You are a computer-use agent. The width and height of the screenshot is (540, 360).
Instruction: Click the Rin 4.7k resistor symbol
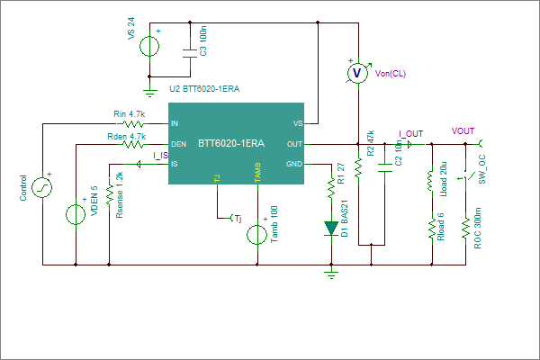(133, 123)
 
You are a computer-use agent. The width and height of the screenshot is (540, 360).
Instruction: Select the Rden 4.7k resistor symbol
(133, 144)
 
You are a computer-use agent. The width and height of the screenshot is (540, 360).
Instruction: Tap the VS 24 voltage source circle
(149, 46)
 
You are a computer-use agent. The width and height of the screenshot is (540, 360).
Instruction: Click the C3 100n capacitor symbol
(190, 53)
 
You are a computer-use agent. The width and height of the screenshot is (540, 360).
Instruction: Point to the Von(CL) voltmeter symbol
(358, 73)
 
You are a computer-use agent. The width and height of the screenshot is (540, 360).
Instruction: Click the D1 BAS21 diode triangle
(331, 229)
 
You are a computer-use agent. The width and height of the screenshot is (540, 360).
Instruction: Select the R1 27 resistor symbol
(331, 188)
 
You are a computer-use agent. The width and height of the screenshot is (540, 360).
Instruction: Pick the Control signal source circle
(42, 187)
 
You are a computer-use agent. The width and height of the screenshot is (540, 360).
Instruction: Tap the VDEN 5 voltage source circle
(76, 214)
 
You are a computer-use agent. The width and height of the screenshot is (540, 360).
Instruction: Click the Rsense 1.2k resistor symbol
(109, 194)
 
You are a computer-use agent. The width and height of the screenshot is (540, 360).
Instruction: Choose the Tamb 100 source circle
(256, 235)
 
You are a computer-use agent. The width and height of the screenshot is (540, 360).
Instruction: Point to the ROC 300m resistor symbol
(465, 228)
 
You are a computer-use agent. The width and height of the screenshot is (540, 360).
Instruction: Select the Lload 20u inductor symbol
(430, 180)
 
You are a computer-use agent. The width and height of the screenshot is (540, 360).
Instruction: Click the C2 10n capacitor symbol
(384, 168)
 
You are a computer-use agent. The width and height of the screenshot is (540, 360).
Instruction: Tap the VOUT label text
(463, 131)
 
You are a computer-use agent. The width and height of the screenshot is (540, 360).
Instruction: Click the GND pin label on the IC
(294, 165)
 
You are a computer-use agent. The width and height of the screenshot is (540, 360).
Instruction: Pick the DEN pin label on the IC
(178, 144)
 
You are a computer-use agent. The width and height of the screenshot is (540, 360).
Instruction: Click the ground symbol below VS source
(149, 93)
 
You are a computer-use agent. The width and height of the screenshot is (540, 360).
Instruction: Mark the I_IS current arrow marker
(139, 165)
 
